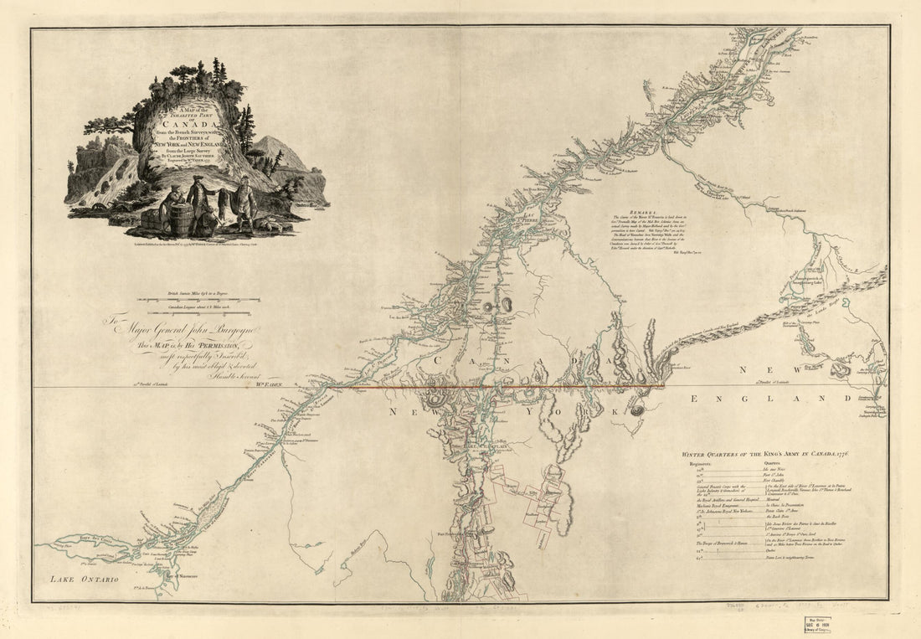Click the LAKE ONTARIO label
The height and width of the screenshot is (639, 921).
(x=83, y=579)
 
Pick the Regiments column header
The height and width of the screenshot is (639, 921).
(x=700, y=463)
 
